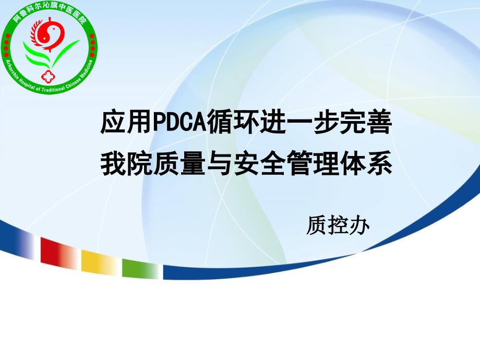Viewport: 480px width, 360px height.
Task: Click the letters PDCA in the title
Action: pos(179,123)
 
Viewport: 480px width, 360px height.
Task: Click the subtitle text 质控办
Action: pos(338,225)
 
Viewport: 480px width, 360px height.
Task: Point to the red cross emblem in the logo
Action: pos(47,76)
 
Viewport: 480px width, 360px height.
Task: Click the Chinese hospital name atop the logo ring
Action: pos(49,12)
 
